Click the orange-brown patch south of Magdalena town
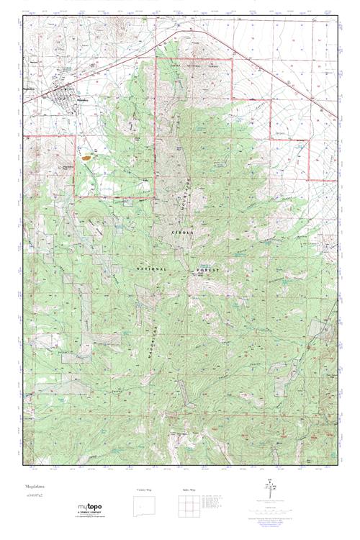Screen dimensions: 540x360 coord(87,154)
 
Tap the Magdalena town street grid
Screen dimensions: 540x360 coord(63,96)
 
